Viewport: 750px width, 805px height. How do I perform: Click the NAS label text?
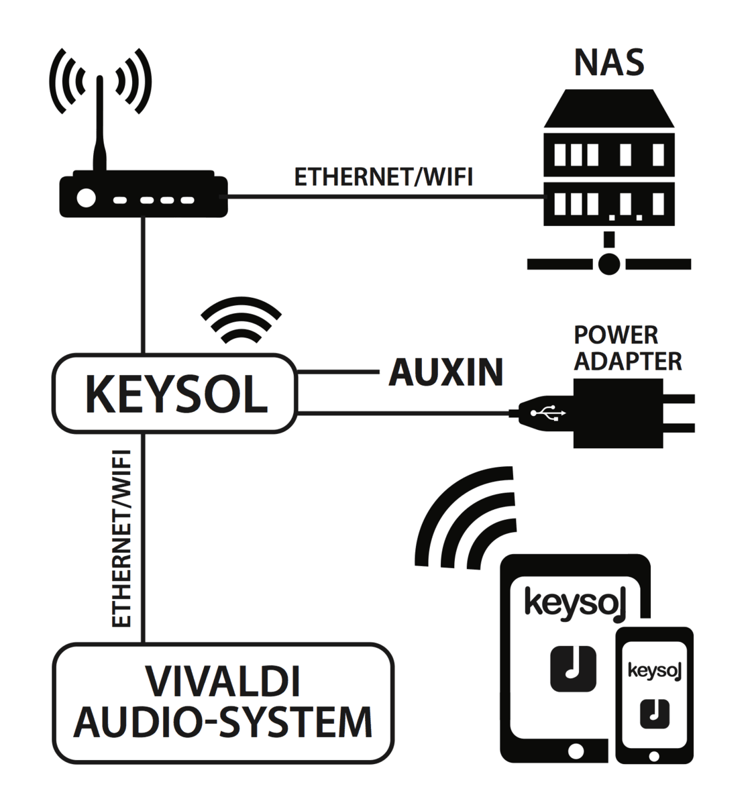[608, 62]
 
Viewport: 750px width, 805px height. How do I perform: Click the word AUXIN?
[445, 372]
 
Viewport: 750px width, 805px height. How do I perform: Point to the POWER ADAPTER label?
[628, 348]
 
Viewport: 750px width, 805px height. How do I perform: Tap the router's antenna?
[99, 127]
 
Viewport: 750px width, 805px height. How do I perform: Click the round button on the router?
[85, 198]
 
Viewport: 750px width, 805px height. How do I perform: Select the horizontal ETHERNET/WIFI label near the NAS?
[384, 177]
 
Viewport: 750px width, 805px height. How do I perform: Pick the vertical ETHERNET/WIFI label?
[122, 539]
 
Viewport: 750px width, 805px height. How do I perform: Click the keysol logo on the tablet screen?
[575, 602]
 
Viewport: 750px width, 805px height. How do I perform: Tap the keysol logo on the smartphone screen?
[653, 670]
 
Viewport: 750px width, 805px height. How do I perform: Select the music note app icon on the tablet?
[573, 668]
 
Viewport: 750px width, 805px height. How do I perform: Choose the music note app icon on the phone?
[654, 714]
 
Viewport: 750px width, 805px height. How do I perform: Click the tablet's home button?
[575, 748]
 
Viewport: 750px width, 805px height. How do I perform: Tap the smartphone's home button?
[654, 755]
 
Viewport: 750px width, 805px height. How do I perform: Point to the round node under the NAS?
[608, 263]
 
